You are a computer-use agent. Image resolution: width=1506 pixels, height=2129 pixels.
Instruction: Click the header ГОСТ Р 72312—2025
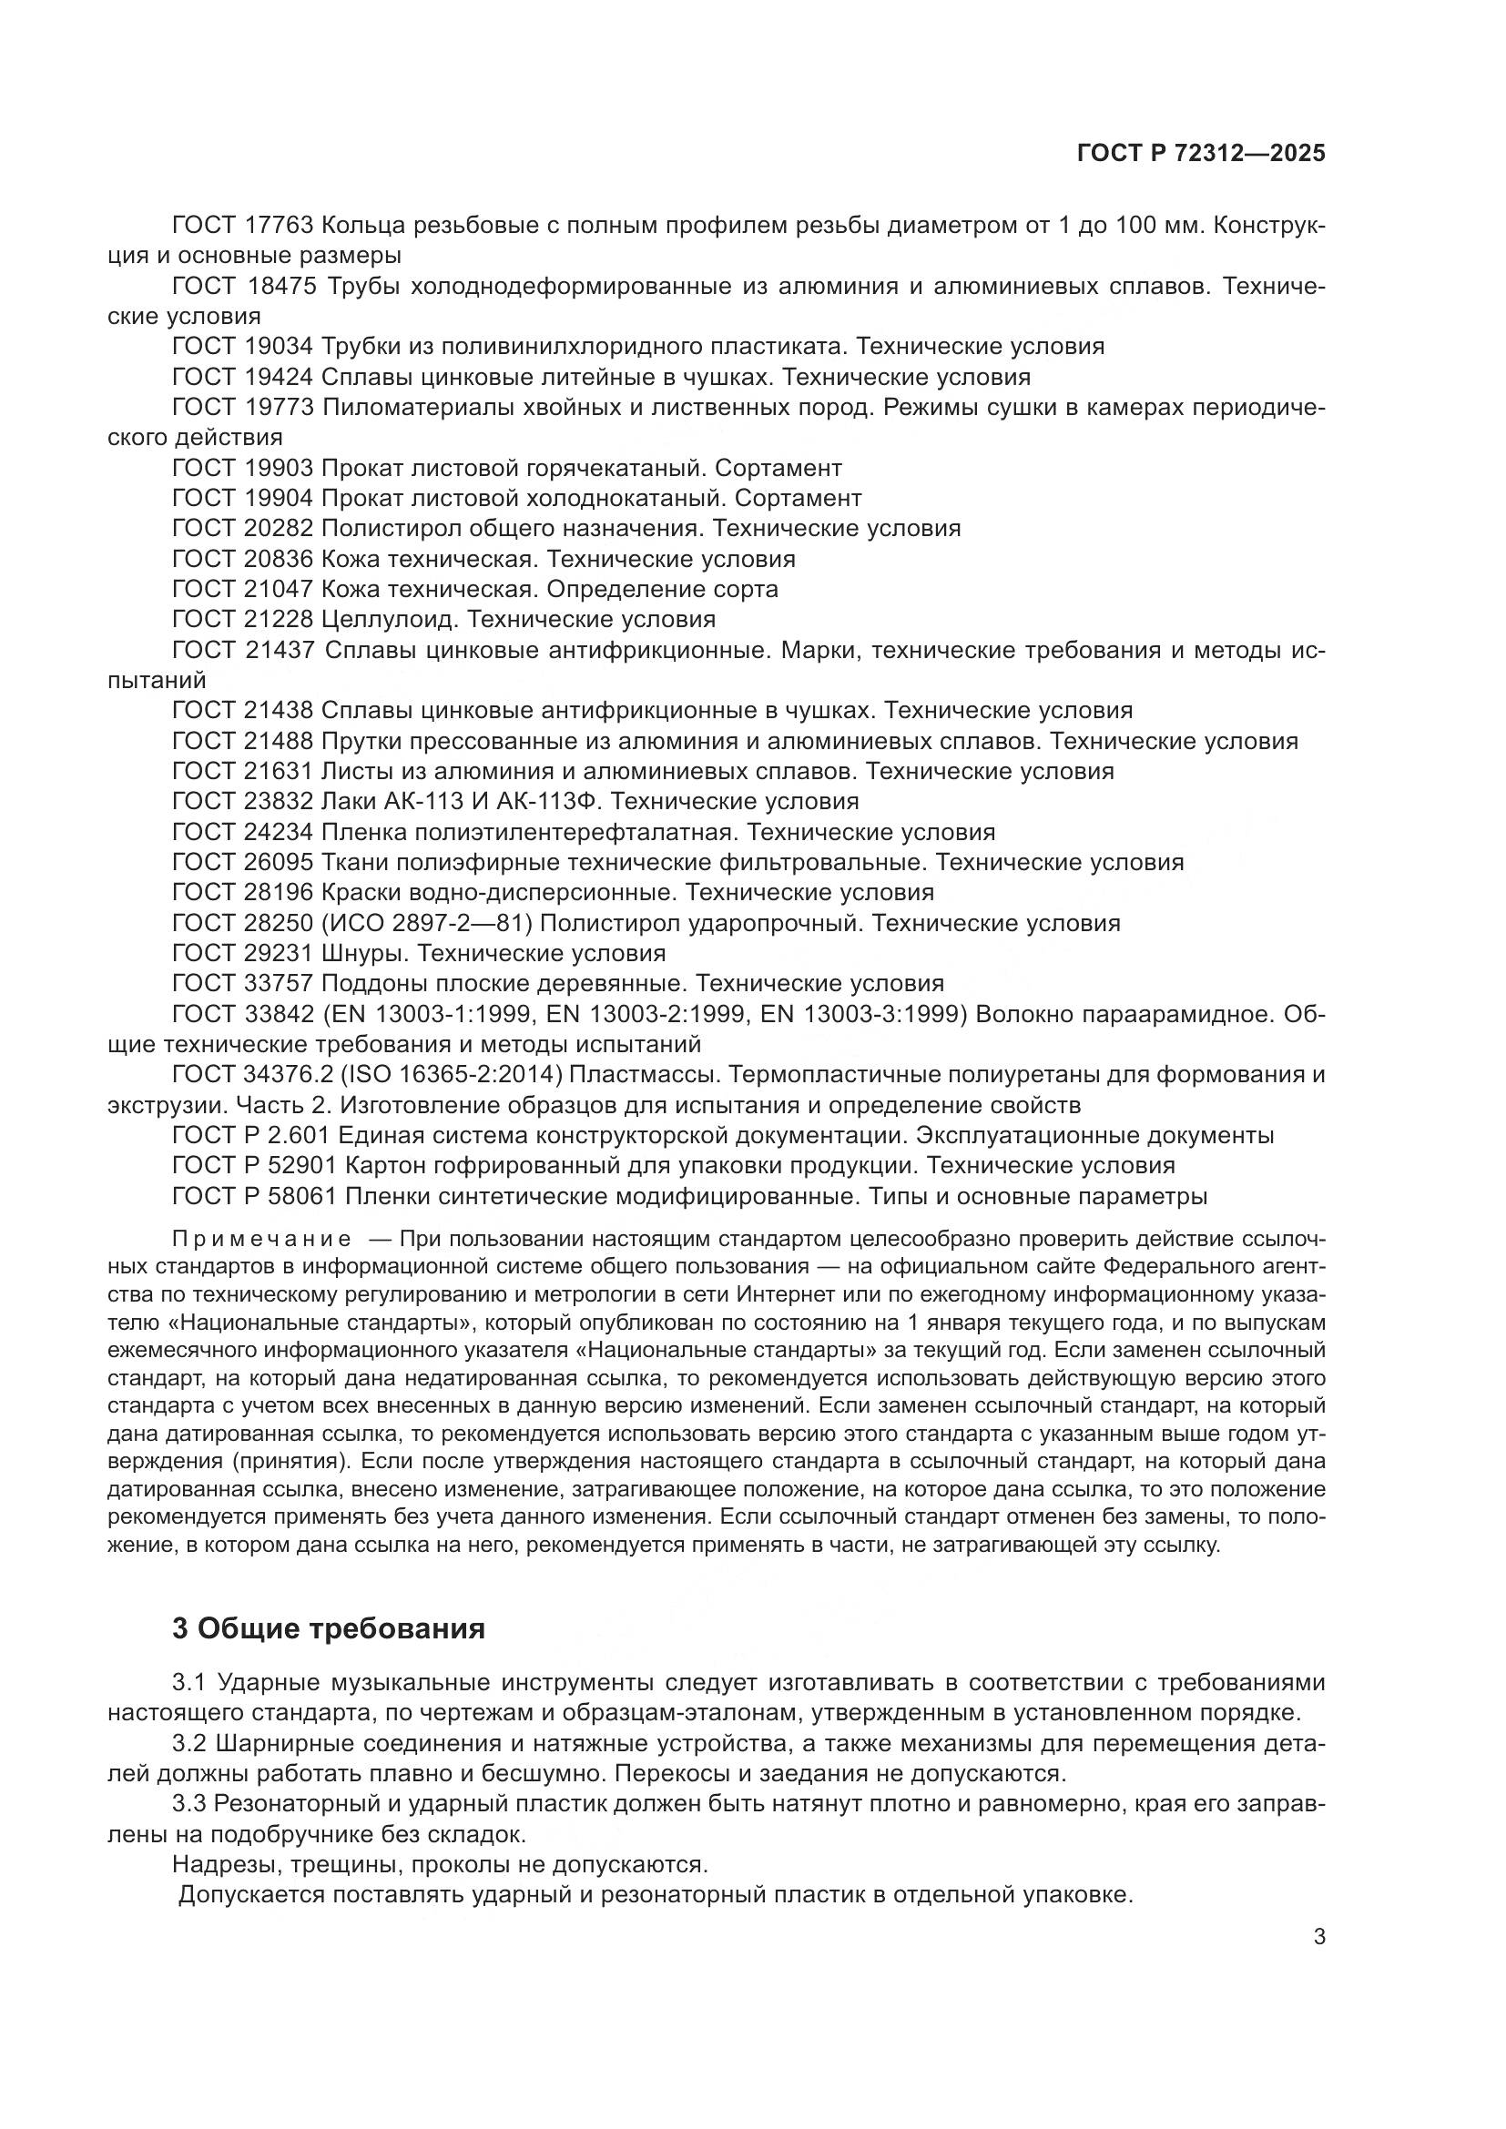coord(1200,154)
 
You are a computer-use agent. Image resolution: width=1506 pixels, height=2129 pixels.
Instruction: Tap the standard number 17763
coord(281,226)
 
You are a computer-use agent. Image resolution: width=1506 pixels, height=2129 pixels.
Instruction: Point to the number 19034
coord(281,347)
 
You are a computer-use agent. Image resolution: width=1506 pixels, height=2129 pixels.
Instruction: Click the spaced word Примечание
coord(261,1240)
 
